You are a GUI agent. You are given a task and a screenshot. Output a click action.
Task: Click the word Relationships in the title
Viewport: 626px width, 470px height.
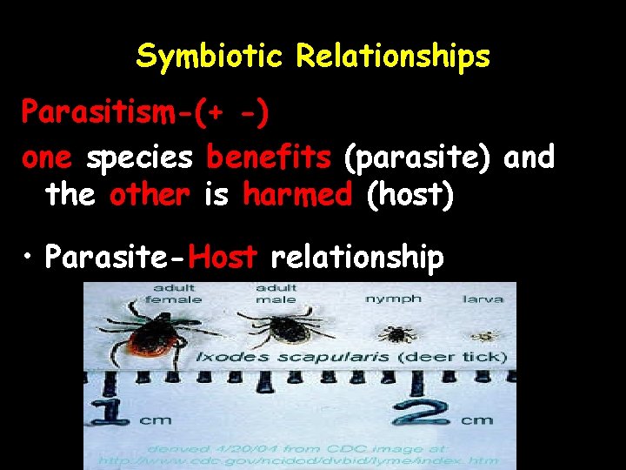click(x=392, y=57)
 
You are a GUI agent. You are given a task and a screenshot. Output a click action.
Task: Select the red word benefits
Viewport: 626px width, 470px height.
click(x=269, y=158)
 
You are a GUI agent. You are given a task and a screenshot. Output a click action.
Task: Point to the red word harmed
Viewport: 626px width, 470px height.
click(x=298, y=195)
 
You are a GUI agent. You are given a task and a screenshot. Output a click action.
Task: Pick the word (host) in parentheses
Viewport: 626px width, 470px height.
click(x=410, y=195)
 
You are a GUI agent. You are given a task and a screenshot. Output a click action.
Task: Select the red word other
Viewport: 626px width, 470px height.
click(x=150, y=195)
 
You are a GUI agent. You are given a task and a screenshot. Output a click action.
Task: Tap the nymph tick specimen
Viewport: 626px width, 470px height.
click(x=398, y=332)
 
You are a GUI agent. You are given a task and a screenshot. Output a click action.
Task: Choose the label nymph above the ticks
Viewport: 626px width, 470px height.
click(x=393, y=299)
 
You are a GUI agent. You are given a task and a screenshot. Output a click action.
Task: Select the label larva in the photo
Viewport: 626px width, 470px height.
click(x=483, y=299)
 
